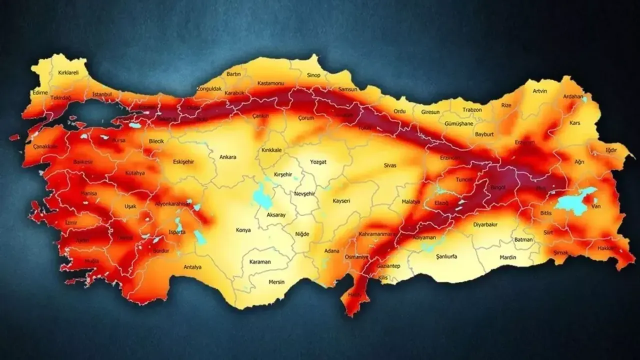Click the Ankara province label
point(227,157)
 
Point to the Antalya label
point(192,267)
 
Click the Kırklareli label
point(68,73)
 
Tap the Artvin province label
point(540,91)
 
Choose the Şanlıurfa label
point(438,256)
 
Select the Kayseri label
point(341,201)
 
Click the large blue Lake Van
point(576,202)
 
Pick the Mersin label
point(276,282)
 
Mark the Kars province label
point(574,122)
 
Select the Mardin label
point(507,257)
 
